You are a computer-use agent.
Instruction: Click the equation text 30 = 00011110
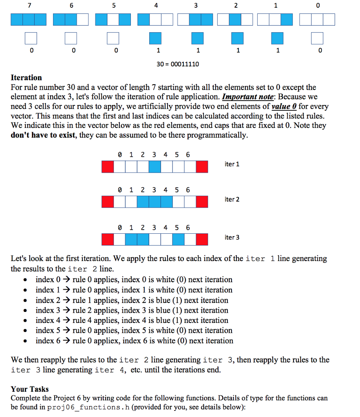(x=178, y=64)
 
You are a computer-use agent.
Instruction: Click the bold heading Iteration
(x=26, y=77)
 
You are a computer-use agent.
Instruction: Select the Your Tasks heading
(x=30, y=389)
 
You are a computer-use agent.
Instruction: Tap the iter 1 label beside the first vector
(x=232, y=164)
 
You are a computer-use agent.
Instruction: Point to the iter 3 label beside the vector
(x=232, y=237)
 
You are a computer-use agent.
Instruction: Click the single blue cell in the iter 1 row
(x=155, y=167)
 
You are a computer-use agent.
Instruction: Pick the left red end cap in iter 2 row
(x=108, y=202)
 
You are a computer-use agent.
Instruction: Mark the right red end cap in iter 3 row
(x=202, y=239)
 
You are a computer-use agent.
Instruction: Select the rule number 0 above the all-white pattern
(x=318, y=6)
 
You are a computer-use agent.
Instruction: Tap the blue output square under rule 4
(x=155, y=38)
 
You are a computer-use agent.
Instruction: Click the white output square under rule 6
(x=71, y=38)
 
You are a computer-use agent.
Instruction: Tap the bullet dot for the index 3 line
(x=26, y=311)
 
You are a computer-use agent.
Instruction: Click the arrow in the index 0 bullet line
(x=66, y=280)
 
